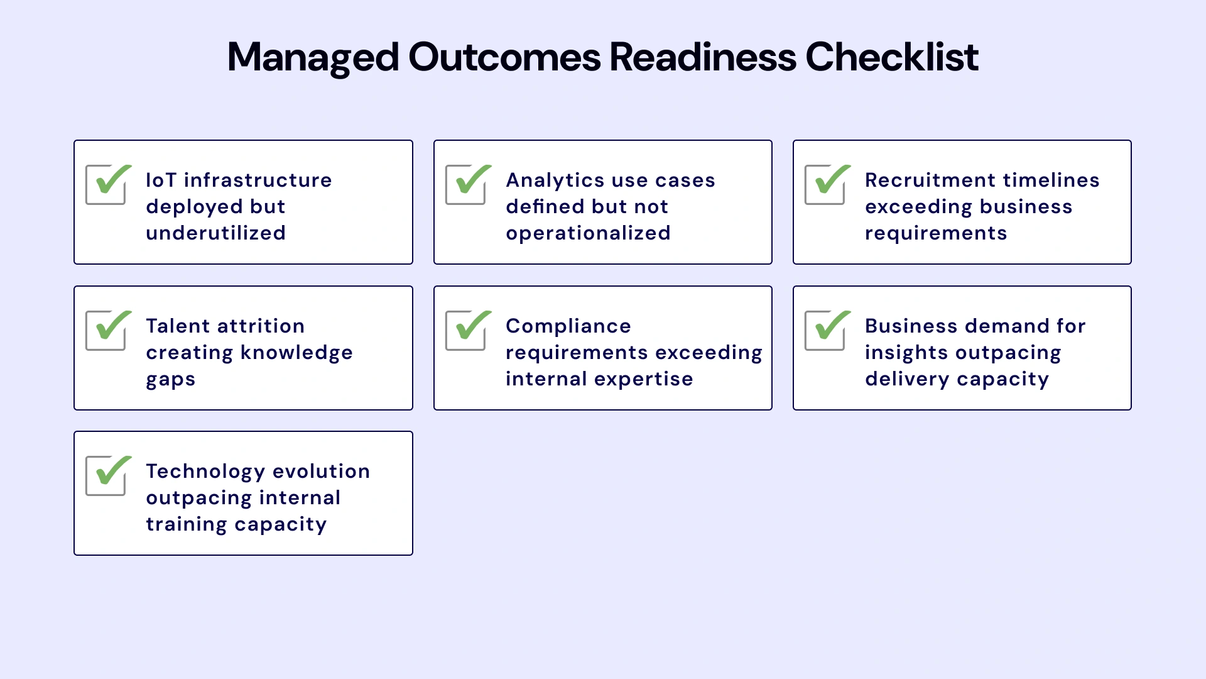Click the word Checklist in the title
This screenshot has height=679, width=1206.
pyautogui.click(x=891, y=57)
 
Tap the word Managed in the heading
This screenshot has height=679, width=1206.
pyautogui.click(x=313, y=57)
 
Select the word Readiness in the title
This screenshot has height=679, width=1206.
pyautogui.click(x=703, y=57)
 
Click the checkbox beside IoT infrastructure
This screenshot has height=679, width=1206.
pyautogui.click(x=106, y=185)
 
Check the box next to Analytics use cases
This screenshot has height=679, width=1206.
pyautogui.click(x=466, y=185)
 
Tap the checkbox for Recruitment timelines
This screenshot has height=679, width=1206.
pyautogui.click(x=825, y=185)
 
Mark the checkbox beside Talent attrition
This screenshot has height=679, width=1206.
pyautogui.click(x=106, y=331)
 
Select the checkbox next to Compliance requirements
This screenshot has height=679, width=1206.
pyautogui.click(x=466, y=331)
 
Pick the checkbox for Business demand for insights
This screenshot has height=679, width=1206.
pyautogui.click(x=825, y=331)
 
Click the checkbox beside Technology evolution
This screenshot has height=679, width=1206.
pyautogui.click(x=106, y=476)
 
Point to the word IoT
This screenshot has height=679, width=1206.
pyautogui.click(x=161, y=180)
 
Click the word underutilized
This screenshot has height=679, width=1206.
pyautogui.click(x=215, y=233)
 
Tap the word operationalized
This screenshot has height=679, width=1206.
pyautogui.click(x=588, y=233)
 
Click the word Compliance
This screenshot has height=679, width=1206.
pyautogui.click(x=568, y=326)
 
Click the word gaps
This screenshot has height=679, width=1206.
pyautogui.click(x=170, y=380)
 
